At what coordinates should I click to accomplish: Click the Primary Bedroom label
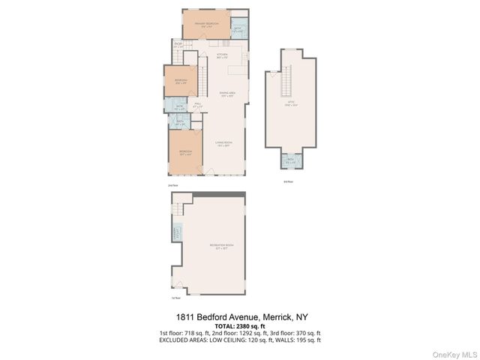pyautogui.click(x=205, y=24)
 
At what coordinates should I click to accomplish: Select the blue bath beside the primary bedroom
pyautogui.click(x=238, y=31)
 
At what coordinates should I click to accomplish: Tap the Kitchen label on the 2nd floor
pyautogui.click(x=222, y=55)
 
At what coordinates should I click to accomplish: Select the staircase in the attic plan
pyautogui.click(x=286, y=80)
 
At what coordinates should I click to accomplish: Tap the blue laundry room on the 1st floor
pyautogui.click(x=178, y=234)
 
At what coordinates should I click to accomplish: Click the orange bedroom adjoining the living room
pyautogui.click(x=184, y=152)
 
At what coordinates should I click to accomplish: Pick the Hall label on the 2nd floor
pyautogui.click(x=197, y=105)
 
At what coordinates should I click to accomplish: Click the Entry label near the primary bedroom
pyautogui.click(x=178, y=46)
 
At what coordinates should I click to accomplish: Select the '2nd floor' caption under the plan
pyautogui.click(x=173, y=184)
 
